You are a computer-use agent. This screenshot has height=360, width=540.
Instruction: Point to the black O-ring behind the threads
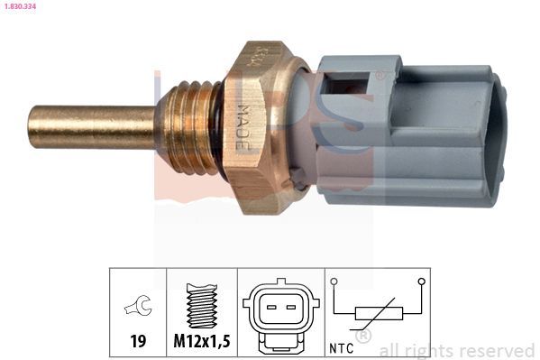point(216,126)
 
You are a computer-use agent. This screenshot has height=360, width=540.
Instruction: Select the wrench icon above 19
point(138,307)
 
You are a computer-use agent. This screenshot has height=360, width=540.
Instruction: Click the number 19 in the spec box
point(138,343)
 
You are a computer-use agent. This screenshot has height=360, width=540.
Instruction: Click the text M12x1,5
point(202,343)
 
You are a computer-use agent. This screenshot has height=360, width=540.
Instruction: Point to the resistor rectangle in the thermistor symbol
point(376,314)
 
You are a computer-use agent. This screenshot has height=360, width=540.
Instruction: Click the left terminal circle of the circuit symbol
point(334,282)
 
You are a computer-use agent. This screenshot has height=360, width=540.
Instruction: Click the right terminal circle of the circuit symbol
point(420,282)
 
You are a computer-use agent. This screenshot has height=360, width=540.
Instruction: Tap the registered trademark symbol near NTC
point(363,337)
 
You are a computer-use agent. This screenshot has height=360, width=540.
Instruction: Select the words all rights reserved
point(456,350)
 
